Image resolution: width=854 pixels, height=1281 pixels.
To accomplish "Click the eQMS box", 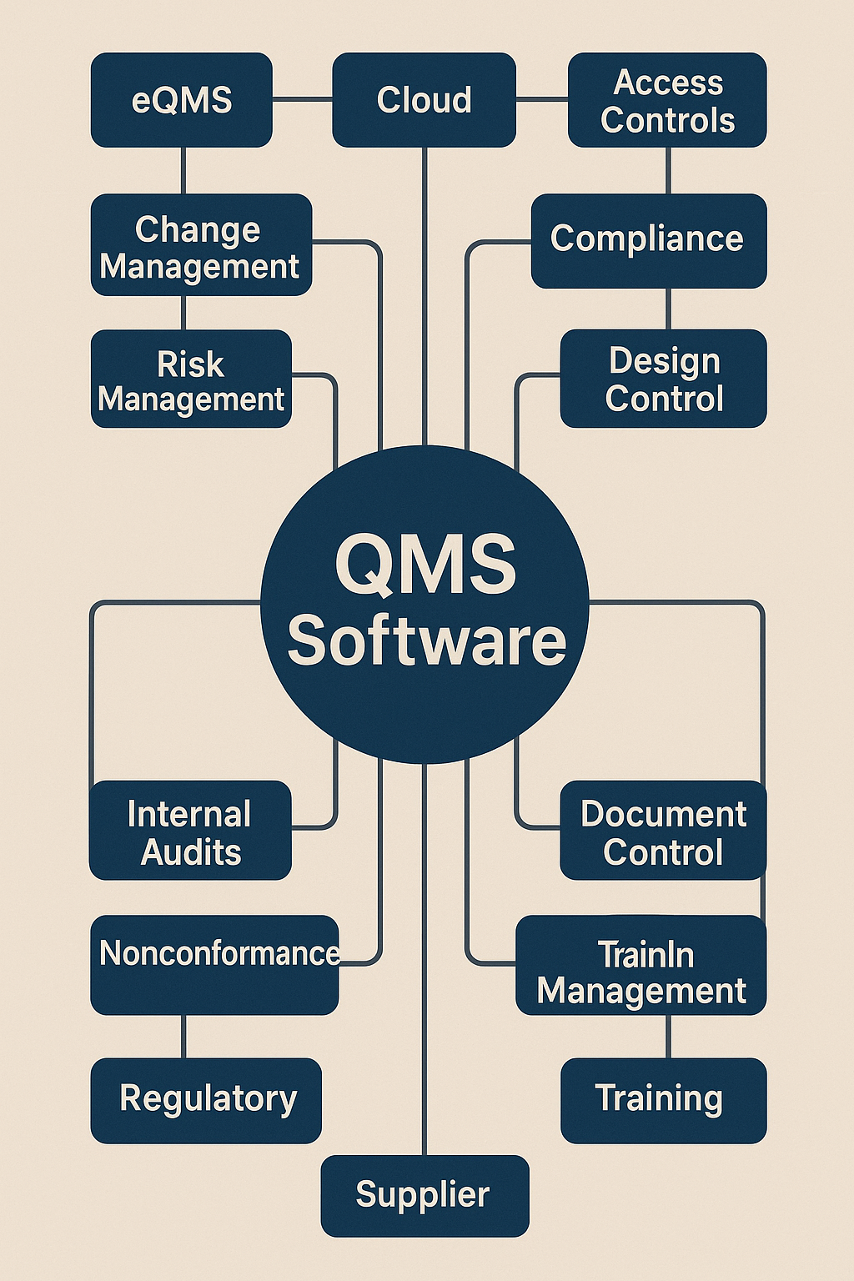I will click(x=182, y=100).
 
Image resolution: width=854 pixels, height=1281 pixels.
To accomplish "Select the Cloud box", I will click(x=424, y=100).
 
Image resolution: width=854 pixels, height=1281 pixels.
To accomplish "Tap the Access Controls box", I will click(x=667, y=100).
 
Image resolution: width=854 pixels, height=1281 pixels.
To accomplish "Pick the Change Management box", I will click(x=201, y=245).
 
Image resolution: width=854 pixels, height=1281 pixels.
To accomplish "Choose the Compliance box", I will click(x=648, y=240).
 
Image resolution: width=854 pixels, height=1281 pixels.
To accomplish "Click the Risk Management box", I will click(x=191, y=379).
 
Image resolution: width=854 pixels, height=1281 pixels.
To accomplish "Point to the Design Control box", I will click(x=663, y=379).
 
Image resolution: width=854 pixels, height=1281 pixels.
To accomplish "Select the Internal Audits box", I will click(x=190, y=831).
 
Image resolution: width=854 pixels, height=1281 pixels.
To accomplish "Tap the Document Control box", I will click(x=663, y=831).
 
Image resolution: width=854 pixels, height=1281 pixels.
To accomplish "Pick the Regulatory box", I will click(x=206, y=1100).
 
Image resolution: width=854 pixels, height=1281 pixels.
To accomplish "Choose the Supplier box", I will click(x=424, y=1195).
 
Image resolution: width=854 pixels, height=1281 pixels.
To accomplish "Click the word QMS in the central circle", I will click(x=425, y=565).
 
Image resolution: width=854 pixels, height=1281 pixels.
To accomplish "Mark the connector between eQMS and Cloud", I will click(x=302, y=100).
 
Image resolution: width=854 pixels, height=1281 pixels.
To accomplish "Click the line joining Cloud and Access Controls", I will click(x=542, y=100).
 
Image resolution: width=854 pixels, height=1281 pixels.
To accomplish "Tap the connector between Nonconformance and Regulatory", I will click(x=183, y=1037).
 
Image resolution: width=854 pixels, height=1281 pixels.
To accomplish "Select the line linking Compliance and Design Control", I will click(x=668, y=309).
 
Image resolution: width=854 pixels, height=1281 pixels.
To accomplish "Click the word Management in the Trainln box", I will click(x=640, y=992).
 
